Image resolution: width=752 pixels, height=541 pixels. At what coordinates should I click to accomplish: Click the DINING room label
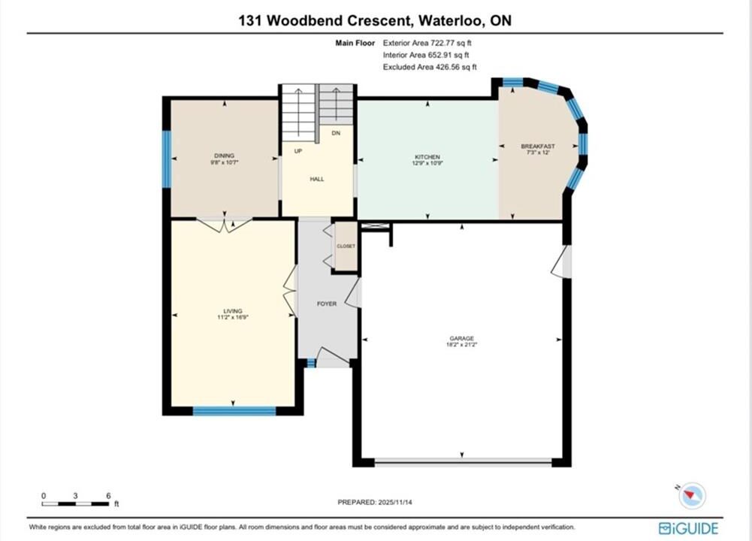pyautogui.click(x=224, y=156)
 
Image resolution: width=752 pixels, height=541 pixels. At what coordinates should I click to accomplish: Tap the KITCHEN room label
pyautogui.click(x=427, y=157)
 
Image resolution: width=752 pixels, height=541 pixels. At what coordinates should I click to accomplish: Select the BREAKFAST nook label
pyautogui.click(x=538, y=147)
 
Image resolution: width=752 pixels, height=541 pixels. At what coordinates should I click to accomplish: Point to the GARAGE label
pyautogui.click(x=462, y=338)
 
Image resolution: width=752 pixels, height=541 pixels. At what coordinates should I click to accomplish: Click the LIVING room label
pyautogui.click(x=233, y=311)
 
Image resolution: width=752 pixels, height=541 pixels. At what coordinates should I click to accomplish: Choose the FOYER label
pyautogui.click(x=327, y=304)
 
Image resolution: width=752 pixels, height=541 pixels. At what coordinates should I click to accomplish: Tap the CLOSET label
pyautogui.click(x=346, y=246)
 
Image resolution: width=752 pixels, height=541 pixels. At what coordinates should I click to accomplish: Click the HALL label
pyautogui.click(x=317, y=179)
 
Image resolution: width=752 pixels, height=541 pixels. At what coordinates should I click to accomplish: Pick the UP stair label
pyautogui.click(x=298, y=151)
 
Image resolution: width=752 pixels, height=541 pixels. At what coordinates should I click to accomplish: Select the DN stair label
pyautogui.click(x=336, y=133)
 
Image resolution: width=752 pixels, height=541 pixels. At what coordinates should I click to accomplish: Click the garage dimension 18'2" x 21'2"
pyautogui.click(x=462, y=344)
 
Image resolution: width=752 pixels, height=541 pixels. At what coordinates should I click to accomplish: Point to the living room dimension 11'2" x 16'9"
pyautogui.click(x=233, y=317)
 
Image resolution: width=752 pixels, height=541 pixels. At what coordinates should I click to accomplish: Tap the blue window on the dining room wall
pyautogui.click(x=167, y=159)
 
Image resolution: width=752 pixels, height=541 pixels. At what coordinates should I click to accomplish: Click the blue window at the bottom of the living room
pyautogui.click(x=234, y=410)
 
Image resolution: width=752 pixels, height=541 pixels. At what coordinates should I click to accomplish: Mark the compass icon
pyautogui.click(x=692, y=495)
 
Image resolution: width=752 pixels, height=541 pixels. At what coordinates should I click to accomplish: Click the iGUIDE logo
pyautogui.click(x=689, y=528)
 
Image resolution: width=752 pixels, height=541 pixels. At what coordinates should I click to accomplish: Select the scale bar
pyautogui.click(x=75, y=503)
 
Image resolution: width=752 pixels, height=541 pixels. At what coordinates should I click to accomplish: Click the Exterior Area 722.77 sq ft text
pyautogui.click(x=427, y=43)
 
